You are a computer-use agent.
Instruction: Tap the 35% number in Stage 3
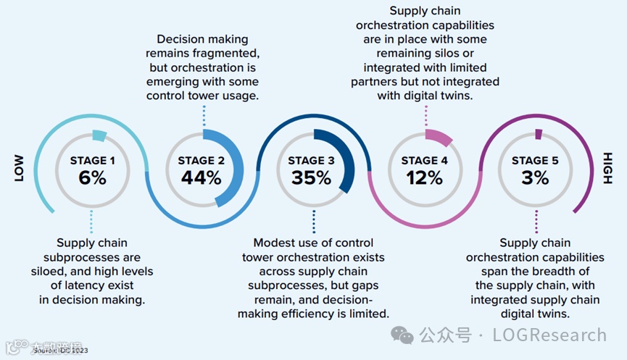(314, 177)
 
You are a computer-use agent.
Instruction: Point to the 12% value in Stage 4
(424, 177)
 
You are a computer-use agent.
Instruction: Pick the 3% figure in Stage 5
(536, 177)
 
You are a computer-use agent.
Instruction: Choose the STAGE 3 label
(314, 160)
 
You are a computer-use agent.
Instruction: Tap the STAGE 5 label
(536, 160)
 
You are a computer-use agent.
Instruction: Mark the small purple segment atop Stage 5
(538, 133)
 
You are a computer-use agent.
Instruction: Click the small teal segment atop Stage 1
(99, 135)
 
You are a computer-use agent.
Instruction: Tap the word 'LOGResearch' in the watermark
(549, 335)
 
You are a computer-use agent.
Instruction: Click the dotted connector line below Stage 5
(536, 220)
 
